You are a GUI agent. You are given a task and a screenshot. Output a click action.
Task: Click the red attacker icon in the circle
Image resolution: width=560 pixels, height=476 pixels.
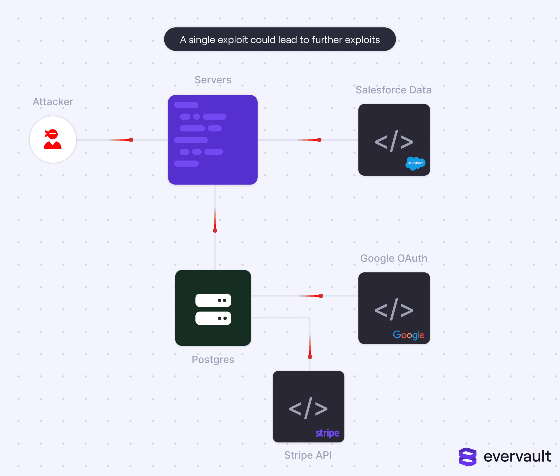(53, 139)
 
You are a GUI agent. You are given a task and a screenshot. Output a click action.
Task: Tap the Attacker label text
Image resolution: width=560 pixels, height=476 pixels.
(53, 102)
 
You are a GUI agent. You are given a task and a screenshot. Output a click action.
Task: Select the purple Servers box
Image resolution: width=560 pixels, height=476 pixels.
(213, 140)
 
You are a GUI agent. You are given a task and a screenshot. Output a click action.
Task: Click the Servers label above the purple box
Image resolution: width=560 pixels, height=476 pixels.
(213, 80)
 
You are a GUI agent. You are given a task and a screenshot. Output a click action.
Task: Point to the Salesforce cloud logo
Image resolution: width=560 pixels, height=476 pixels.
(416, 163)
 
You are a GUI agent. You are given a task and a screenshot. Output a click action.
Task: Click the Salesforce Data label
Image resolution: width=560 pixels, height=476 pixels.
(393, 90)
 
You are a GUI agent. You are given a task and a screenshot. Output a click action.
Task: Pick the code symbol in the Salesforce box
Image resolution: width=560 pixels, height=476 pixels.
(394, 142)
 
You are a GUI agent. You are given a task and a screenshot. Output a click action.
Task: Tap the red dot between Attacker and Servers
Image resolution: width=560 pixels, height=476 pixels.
(131, 140)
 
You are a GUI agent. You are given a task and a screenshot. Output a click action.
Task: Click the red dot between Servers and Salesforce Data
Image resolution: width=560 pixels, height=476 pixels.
(319, 140)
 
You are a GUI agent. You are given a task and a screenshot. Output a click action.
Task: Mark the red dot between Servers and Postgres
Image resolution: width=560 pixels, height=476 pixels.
(215, 230)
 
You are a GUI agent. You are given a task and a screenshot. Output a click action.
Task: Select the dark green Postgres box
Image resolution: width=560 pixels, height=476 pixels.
(213, 308)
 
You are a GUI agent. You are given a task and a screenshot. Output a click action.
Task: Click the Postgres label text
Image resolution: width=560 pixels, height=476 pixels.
(213, 360)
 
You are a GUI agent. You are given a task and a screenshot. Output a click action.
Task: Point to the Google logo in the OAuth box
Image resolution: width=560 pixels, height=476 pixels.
(409, 335)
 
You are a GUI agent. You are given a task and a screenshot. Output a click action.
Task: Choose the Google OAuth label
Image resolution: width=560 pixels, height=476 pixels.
(394, 258)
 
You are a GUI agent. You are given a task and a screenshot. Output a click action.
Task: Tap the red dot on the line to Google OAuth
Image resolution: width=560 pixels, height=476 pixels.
(321, 296)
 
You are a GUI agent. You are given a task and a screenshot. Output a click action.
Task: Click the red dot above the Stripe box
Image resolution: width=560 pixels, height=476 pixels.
(310, 357)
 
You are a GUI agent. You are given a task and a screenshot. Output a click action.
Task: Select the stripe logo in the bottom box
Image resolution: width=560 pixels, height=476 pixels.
(327, 433)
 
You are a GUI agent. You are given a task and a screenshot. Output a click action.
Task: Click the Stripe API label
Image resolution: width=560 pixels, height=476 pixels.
(308, 455)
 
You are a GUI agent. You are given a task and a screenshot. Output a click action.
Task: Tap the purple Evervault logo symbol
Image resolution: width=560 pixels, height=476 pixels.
(467, 457)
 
